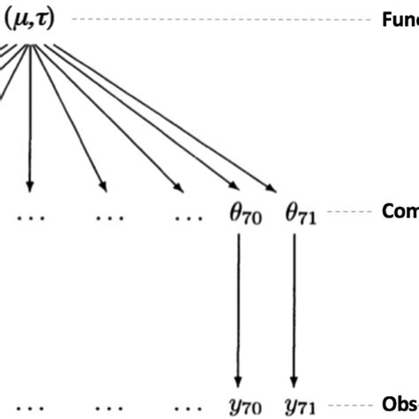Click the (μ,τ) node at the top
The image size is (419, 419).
click(x=30, y=19)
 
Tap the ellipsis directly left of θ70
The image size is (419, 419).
click(x=187, y=215)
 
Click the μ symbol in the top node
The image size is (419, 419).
click(x=19, y=19)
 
